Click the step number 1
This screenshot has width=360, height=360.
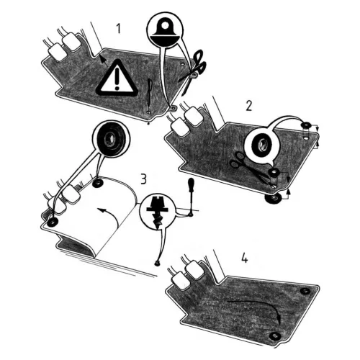click(x=118, y=29)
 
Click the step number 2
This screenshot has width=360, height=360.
click(x=249, y=106)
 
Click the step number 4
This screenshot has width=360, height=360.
click(x=245, y=257)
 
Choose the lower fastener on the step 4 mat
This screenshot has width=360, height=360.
click(x=274, y=336)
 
